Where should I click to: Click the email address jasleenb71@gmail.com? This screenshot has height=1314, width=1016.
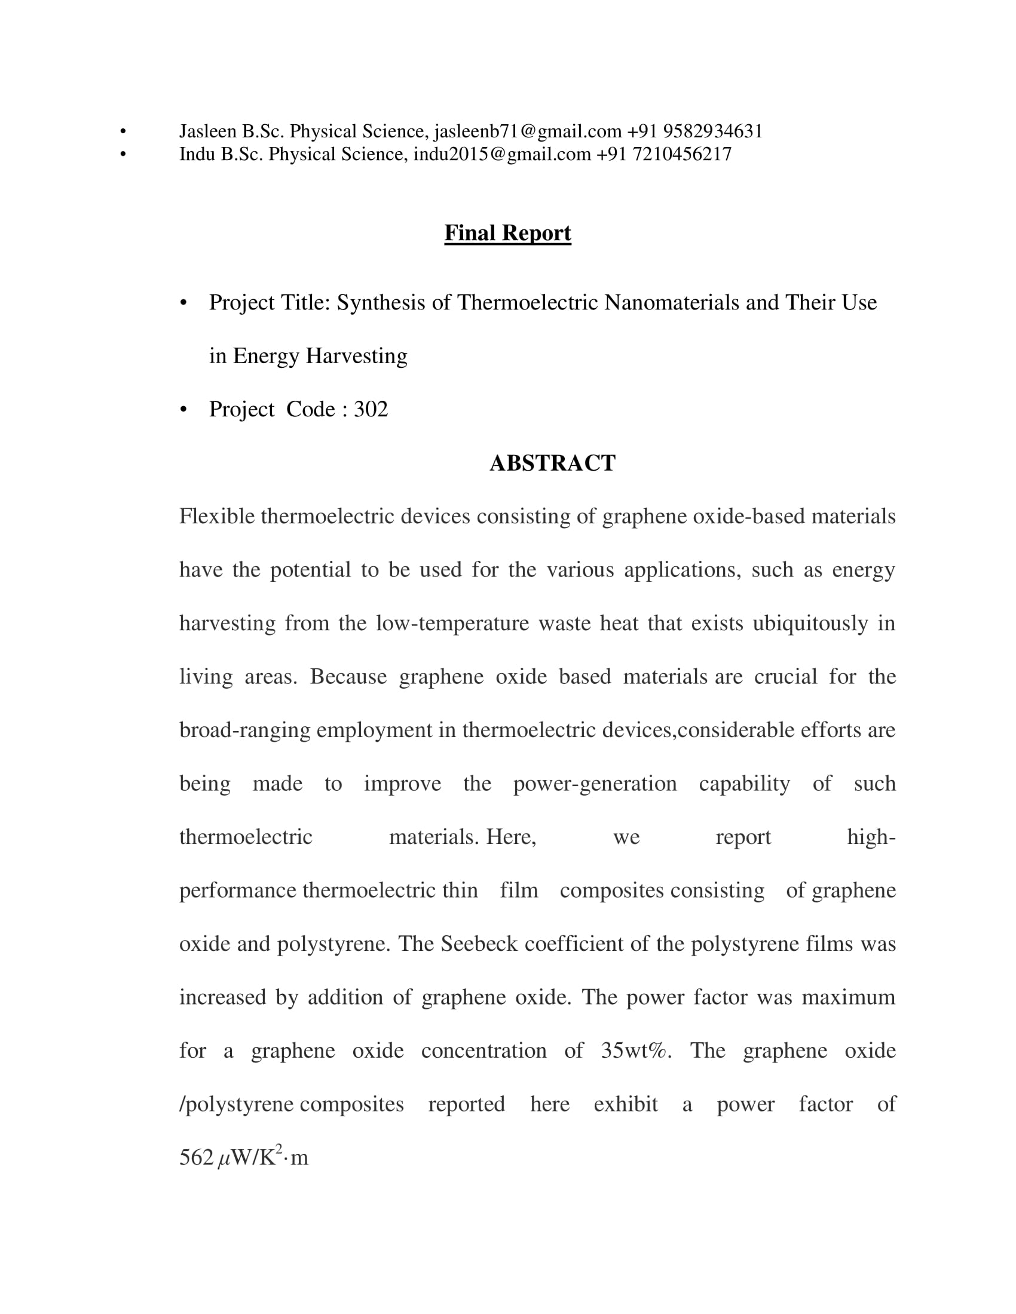click(x=527, y=131)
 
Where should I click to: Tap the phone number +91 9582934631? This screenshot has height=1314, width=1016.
click(x=695, y=131)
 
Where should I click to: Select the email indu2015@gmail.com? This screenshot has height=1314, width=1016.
click(x=502, y=154)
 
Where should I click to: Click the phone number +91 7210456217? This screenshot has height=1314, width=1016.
click(x=664, y=154)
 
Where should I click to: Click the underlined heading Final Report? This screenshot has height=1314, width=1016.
click(x=507, y=233)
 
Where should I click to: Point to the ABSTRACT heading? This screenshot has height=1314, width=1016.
click(x=552, y=463)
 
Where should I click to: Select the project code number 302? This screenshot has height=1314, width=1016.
click(x=371, y=409)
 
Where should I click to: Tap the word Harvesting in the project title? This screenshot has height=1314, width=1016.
click(x=356, y=355)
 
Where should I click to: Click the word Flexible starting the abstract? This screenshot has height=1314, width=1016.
click(x=218, y=516)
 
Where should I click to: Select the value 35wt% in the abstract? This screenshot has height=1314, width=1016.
click(x=636, y=1051)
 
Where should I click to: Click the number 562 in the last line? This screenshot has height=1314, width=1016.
click(x=196, y=1158)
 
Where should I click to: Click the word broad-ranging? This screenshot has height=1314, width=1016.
click(x=245, y=730)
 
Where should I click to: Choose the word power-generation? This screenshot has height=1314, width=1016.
click(x=595, y=784)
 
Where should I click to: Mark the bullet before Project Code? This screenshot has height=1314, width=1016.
click(x=183, y=410)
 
